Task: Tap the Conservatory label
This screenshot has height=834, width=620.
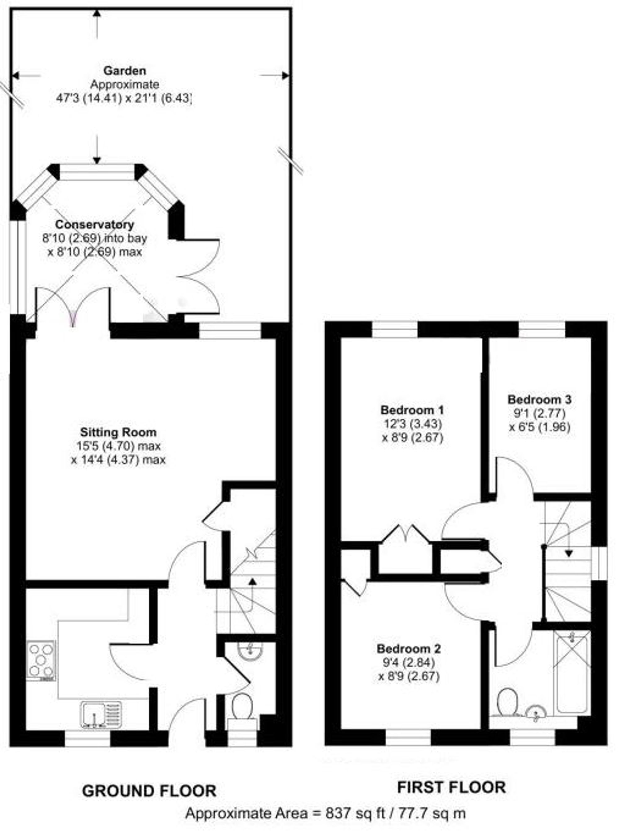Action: (x=95, y=225)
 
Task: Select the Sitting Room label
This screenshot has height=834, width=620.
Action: (x=118, y=432)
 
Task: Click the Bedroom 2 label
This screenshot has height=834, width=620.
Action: (x=409, y=649)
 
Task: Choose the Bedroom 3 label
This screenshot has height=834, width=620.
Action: (x=539, y=399)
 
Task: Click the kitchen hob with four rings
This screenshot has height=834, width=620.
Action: (x=41, y=660)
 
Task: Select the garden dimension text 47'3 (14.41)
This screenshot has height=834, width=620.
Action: (x=89, y=98)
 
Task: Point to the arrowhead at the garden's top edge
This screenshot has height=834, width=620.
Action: (x=97, y=13)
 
